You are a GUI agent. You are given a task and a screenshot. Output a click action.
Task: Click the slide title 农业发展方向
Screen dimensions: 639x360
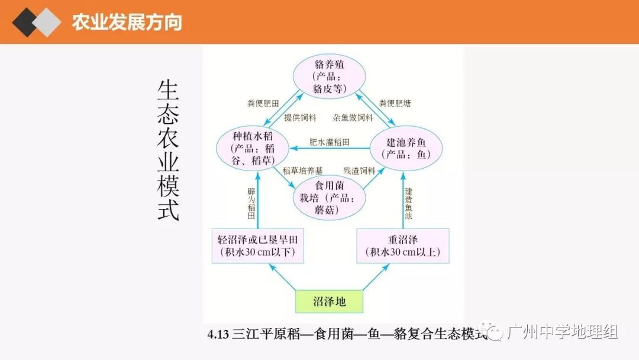point(127,22)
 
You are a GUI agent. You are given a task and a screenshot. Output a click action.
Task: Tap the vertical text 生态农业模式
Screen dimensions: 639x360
point(168,150)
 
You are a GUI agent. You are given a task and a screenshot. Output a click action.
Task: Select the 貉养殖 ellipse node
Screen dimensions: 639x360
point(330,76)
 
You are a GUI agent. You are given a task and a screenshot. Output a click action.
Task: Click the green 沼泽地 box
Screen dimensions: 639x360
point(329,302)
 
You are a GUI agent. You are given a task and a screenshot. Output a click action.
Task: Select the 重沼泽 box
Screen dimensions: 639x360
point(403,247)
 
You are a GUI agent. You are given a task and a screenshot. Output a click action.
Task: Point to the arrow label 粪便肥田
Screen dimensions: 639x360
point(263,103)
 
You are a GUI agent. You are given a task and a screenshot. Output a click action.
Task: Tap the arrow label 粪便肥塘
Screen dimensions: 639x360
point(395,103)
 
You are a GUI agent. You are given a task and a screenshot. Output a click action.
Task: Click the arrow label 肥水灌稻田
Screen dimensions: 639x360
point(330,143)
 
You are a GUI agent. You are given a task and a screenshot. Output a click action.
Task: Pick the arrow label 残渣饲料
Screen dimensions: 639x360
point(359,171)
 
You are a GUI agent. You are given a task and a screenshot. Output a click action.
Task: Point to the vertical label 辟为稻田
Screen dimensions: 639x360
point(251,205)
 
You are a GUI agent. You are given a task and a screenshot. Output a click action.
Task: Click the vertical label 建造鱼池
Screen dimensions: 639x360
point(408,205)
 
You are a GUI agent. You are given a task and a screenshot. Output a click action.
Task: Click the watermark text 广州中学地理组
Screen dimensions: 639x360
point(562,332)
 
